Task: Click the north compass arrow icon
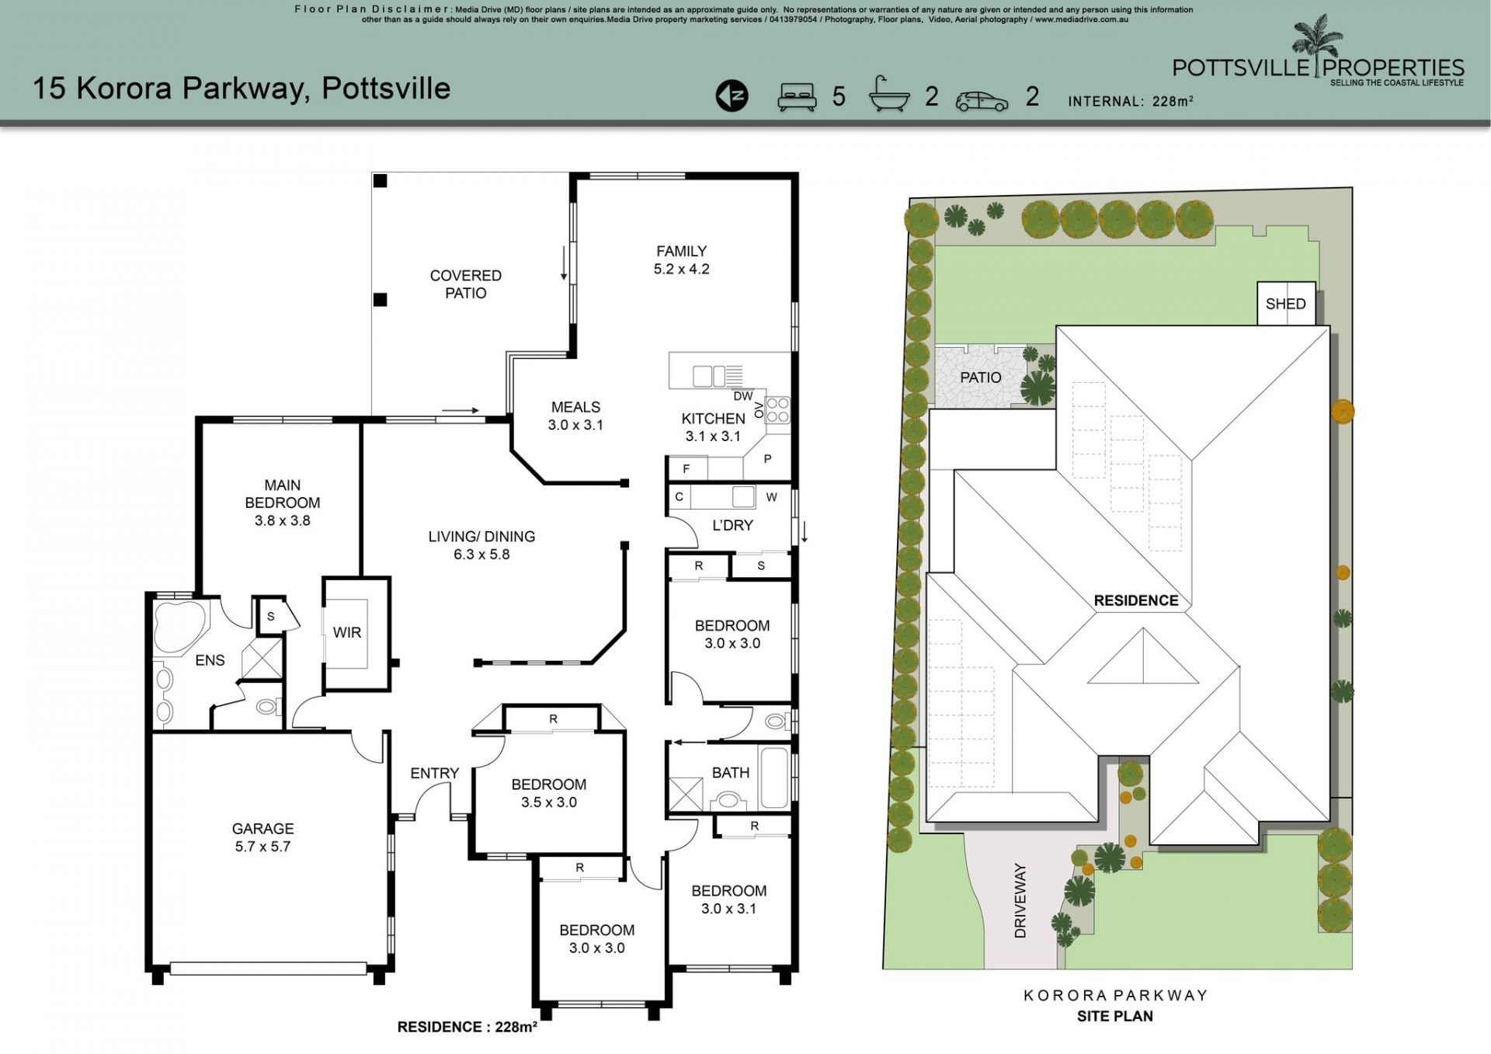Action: (x=732, y=96)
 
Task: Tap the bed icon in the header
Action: (x=798, y=96)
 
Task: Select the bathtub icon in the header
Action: (x=889, y=95)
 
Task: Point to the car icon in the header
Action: (x=982, y=101)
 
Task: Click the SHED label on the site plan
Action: (x=1286, y=304)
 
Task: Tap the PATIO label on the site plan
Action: (x=981, y=377)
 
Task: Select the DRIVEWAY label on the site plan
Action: (x=1020, y=901)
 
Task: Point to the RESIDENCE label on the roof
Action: (x=1136, y=600)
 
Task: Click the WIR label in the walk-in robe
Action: (x=347, y=633)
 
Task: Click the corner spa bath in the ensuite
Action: (x=180, y=626)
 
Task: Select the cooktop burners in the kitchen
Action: (x=777, y=410)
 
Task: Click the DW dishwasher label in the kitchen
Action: (x=742, y=397)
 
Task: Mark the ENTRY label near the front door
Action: (x=435, y=774)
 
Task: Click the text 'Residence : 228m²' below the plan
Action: (x=467, y=1027)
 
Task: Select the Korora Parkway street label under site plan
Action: (x=1115, y=995)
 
